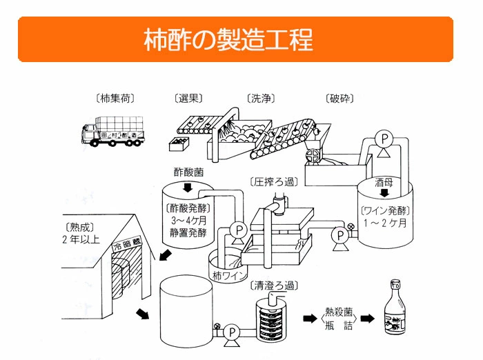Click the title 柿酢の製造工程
tap(228, 39)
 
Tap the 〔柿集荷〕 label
tap(115, 99)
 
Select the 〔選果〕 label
tap(187, 99)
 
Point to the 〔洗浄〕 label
tap(260, 99)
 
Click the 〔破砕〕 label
tap(339, 99)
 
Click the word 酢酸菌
tap(187, 170)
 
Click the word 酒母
tap(384, 183)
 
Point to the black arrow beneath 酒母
tap(384, 194)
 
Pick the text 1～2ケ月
tap(384, 224)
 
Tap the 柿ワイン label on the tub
tap(228, 276)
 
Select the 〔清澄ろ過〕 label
tap(275, 284)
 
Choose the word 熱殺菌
tap(339, 312)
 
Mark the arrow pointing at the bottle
tap(367, 319)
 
